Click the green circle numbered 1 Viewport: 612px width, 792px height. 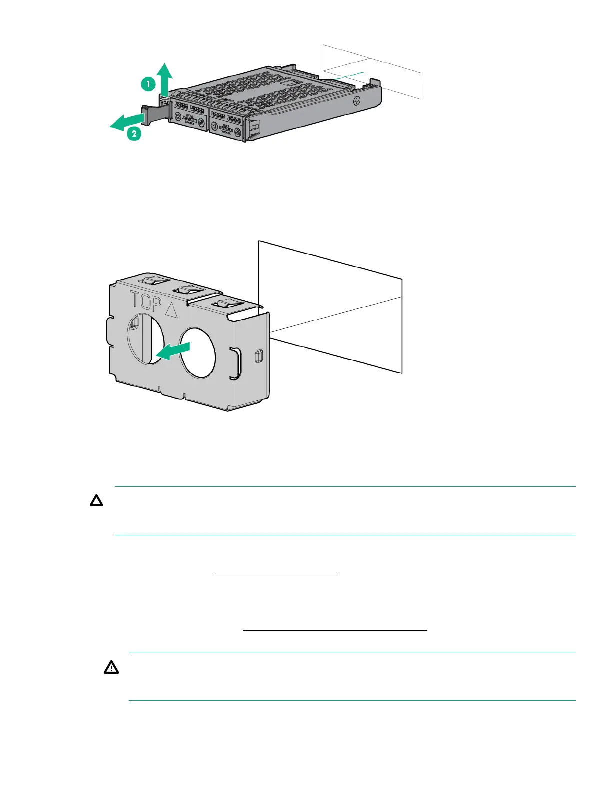click(148, 85)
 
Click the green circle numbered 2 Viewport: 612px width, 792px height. click(134, 134)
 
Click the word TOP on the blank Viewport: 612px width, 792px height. click(146, 301)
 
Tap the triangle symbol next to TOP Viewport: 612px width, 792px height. click(171, 310)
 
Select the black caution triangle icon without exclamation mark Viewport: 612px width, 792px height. click(96, 501)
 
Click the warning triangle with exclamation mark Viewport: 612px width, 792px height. click(111, 667)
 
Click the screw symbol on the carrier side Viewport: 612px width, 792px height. click(357, 101)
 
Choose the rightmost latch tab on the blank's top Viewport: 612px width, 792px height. click(224, 303)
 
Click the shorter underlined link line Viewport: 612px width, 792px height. click(276, 575)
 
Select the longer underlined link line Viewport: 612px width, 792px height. click(335, 631)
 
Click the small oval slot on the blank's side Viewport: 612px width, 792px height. click(258, 356)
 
